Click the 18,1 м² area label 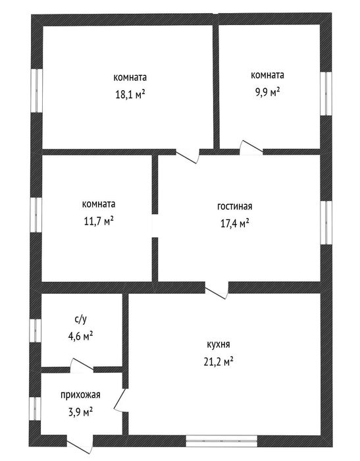(130, 95)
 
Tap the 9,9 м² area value (267, 92)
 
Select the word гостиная (234, 206)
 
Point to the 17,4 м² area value (235, 223)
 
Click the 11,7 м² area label (99, 221)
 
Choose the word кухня (219, 344)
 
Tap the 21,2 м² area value (219, 362)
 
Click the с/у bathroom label (80, 319)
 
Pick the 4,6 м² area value (80, 335)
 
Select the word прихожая (80, 395)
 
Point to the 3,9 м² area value (80, 412)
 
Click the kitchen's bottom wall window (222, 441)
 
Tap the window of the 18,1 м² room (37, 91)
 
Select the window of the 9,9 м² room (326, 94)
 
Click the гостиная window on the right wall (326, 223)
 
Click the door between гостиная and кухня (217, 290)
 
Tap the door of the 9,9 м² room (251, 148)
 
